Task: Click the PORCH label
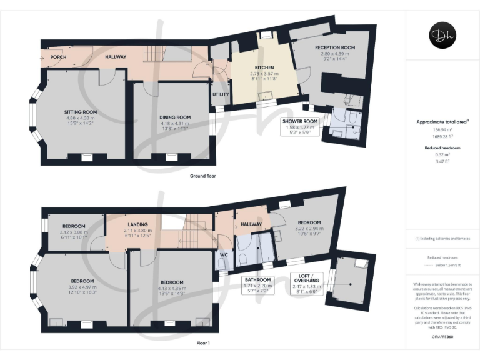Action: click(x=58, y=57)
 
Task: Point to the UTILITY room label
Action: click(x=221, y=94)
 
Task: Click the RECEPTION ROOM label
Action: click(x=335, y=47)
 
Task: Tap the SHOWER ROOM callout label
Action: click(x=300, y=121)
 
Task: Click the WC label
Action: click(x=223, y=254)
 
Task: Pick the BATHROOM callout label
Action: click(x=257, y=279)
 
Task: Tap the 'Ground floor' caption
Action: click(x=202, y=176)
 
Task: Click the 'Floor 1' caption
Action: click(x=203, y=343)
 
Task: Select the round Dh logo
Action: click(x=442, y=35)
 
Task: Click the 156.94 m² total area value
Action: click(x=442, y=130)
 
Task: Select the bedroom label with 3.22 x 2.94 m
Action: click(x=309, y=223)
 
